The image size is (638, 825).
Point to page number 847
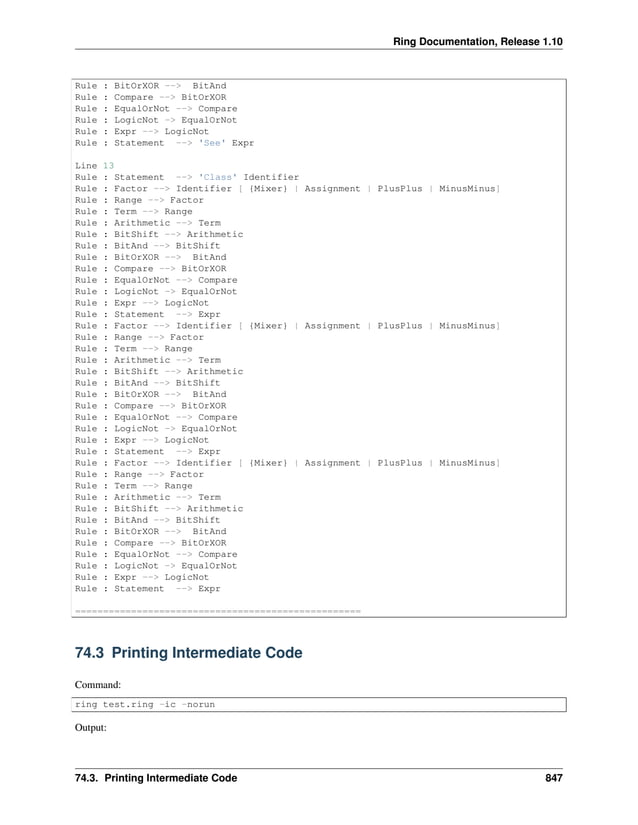pyautogui.click(x=550, y=777)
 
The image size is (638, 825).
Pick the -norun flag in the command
pyautogui.click(x=196, y=704)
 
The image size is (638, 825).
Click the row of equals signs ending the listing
pyautogui.click(x=218, y=609)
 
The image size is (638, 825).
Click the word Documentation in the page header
pyautogui.click(x=449, y=39)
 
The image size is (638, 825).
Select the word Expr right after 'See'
pyautogui.click(x=244, y=143)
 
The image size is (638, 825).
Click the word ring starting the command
pyautogui.click(x=87, y=704)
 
